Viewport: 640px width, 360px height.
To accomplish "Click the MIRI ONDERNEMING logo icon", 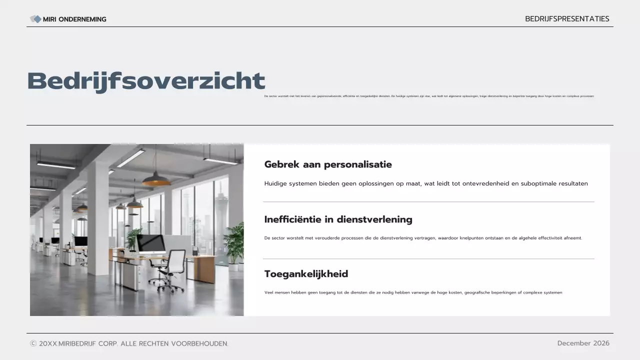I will [x=35, y=19].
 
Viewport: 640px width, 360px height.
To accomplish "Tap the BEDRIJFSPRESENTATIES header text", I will [x=567, y=19].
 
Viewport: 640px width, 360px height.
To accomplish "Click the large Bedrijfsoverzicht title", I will [x=146, y=81].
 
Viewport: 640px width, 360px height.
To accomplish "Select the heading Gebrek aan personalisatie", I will [x=328, y=164].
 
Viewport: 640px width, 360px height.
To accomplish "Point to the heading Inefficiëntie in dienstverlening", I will [x=338, y=219].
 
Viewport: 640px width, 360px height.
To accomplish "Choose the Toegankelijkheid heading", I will [x=306, y=274].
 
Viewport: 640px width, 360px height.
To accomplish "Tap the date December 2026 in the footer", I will [x=583, y=343].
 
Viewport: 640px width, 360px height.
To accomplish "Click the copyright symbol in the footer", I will [x=33, y=343].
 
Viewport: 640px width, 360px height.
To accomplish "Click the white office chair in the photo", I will [x=172, y=270].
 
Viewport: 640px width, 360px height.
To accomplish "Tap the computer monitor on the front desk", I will [x=151, y=243].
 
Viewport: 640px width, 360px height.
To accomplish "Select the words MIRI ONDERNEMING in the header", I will [x=74, y=19].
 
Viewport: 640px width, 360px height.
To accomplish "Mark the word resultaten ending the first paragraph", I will [x=573, y=183].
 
